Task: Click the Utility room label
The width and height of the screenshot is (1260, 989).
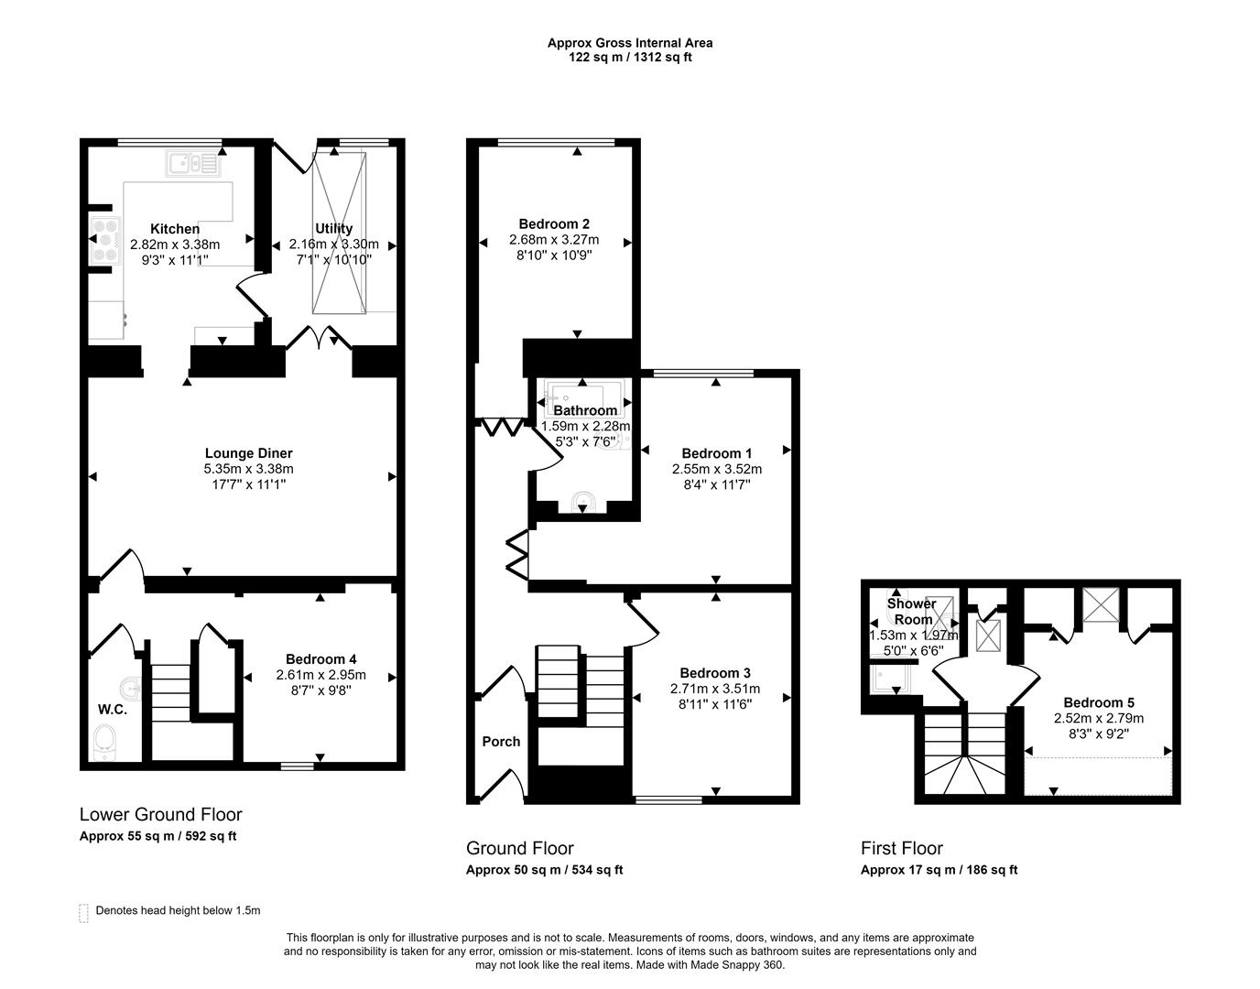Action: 333,229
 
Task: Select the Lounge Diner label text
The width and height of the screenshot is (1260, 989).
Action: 248,453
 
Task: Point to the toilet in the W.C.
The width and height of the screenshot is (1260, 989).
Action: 105,742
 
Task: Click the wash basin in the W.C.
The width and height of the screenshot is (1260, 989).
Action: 131,685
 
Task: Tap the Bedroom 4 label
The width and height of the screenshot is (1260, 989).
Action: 320,659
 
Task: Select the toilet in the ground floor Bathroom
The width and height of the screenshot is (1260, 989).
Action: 583,503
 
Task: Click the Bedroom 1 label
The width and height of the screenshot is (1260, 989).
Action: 716,453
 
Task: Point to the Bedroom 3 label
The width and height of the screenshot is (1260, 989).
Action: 716,673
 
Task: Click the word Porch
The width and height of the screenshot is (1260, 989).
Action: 501,742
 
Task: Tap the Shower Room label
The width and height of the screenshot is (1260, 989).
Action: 911,611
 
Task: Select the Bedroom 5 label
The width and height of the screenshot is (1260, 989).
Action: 1099,702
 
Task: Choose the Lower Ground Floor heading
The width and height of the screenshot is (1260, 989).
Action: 161,814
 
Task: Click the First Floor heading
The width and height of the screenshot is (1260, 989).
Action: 901,848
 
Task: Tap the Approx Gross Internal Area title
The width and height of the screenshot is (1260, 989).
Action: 630,42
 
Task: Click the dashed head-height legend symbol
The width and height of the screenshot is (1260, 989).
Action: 84,912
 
